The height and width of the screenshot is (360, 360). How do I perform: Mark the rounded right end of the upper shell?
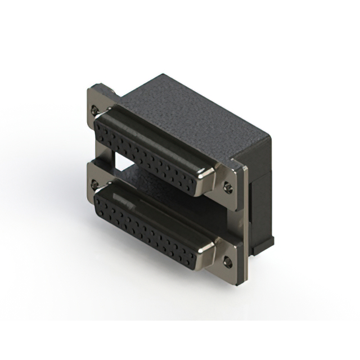pyautogui.click(x=206, y=179)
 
